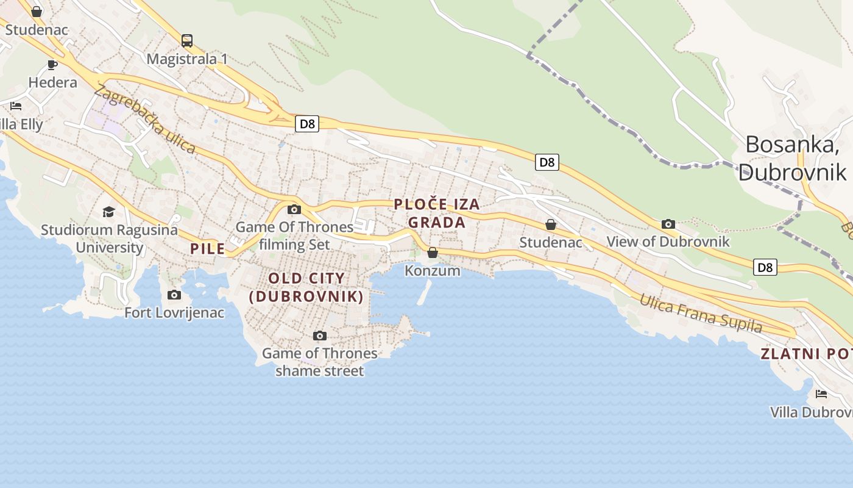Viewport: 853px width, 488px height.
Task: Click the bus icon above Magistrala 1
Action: click(187, 41)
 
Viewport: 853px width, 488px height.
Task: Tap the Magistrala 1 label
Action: click(187, 59)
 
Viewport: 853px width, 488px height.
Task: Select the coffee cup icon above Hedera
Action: click(52, 65)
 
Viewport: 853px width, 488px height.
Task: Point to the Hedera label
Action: click(52, 82)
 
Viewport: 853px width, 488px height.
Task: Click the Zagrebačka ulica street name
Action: click(145, 119)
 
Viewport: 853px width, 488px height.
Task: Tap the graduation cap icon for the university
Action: click(109, 212)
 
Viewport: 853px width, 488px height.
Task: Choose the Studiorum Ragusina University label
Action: click(109, 239)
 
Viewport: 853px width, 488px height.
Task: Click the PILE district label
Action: click(208, 249)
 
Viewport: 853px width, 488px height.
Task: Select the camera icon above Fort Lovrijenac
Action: click(174, 295)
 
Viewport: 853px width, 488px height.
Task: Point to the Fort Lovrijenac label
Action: click(174, 313)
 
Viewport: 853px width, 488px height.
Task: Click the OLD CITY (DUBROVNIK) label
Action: click(306, 287)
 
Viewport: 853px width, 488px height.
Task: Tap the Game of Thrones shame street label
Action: click(319, 362)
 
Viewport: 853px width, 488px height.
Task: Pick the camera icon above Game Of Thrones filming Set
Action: click(294, 210)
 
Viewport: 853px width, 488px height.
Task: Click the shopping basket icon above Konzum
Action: click(433, 253)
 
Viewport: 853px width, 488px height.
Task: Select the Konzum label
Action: click(433, 270)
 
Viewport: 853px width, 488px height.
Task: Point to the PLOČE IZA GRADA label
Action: click(437, 213)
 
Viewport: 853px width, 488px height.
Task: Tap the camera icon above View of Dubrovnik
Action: click(668, 224)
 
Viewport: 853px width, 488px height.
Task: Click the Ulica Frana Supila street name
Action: click(701, 314)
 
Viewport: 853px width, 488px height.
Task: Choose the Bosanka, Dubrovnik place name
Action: click(792, 158)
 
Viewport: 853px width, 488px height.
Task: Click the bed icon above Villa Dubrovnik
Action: click(821, 394)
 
